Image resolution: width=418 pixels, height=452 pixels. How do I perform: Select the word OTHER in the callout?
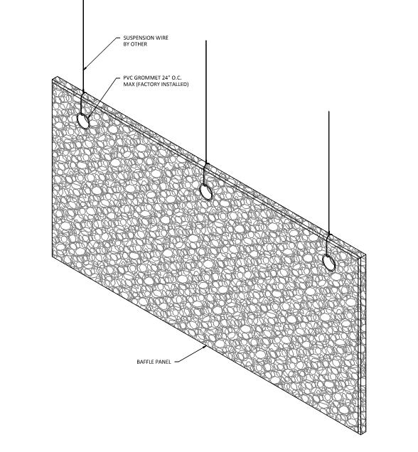[139, 44]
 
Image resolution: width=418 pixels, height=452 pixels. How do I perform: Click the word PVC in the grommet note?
[128, 78]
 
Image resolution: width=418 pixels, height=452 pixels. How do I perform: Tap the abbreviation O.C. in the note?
[177, 78]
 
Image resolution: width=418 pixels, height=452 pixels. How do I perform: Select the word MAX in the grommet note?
[129, 84]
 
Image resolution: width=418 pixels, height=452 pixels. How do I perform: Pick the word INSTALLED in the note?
[175, 84]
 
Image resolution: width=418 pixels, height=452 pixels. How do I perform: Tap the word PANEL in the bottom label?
[164, 362]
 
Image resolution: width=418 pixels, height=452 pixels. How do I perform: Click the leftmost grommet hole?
[83, 121]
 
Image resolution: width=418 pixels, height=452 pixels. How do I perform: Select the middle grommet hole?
[206, 192]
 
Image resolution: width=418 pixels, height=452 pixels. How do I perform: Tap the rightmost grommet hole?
[328, 263]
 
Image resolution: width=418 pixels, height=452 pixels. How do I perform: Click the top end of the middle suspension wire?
[206, 41]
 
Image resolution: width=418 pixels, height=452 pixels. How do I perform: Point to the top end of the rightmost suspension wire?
[329, 112]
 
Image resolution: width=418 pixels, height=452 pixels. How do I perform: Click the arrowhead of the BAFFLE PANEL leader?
[206, 347]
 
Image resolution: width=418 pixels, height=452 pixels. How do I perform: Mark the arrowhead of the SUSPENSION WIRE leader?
[84, 69]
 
